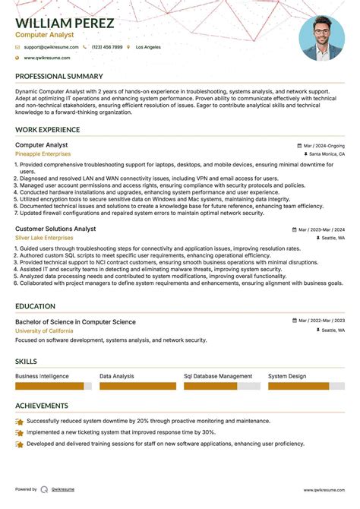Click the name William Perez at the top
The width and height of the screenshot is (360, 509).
click(65, 24)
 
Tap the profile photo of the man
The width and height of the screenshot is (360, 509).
click(322, 38)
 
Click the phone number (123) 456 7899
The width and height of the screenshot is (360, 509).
click(106, 47)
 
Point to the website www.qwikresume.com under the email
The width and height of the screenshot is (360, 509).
click(46, 58)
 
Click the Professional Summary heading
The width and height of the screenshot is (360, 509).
click(59, 77)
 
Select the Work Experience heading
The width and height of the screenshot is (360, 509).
click(47, 130)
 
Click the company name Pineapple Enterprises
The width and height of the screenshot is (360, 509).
click(43, 153)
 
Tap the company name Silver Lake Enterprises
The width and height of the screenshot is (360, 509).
click(44, 238)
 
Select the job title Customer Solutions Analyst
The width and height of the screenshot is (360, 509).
click(55, 229)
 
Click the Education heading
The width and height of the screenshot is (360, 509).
click(35, 306)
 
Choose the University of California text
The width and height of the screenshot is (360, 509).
click(45, 330)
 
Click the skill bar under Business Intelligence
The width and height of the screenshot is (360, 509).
click(53, 386)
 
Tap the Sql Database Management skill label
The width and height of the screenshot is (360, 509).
click(218, 376)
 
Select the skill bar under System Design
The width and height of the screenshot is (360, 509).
click(298, 386)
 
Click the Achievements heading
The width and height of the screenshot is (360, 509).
click(41, 406)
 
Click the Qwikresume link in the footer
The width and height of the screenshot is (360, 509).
click(64, 489)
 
